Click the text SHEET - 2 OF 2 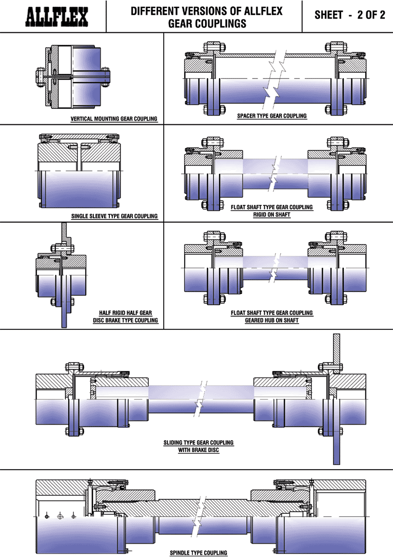[x=350, y=15]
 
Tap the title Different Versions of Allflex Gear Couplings [x=207, y=17]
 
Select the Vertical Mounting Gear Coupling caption [x=114, y=119]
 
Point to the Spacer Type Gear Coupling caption [x=272, y=116]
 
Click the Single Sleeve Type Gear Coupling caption [x=114, y=216]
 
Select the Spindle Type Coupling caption [x=199, y=553]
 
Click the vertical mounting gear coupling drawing [x=72, y=77]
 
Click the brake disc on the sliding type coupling [x=337, y=401]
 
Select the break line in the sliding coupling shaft [x=201, y=398]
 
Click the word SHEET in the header [x=328, y=15]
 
